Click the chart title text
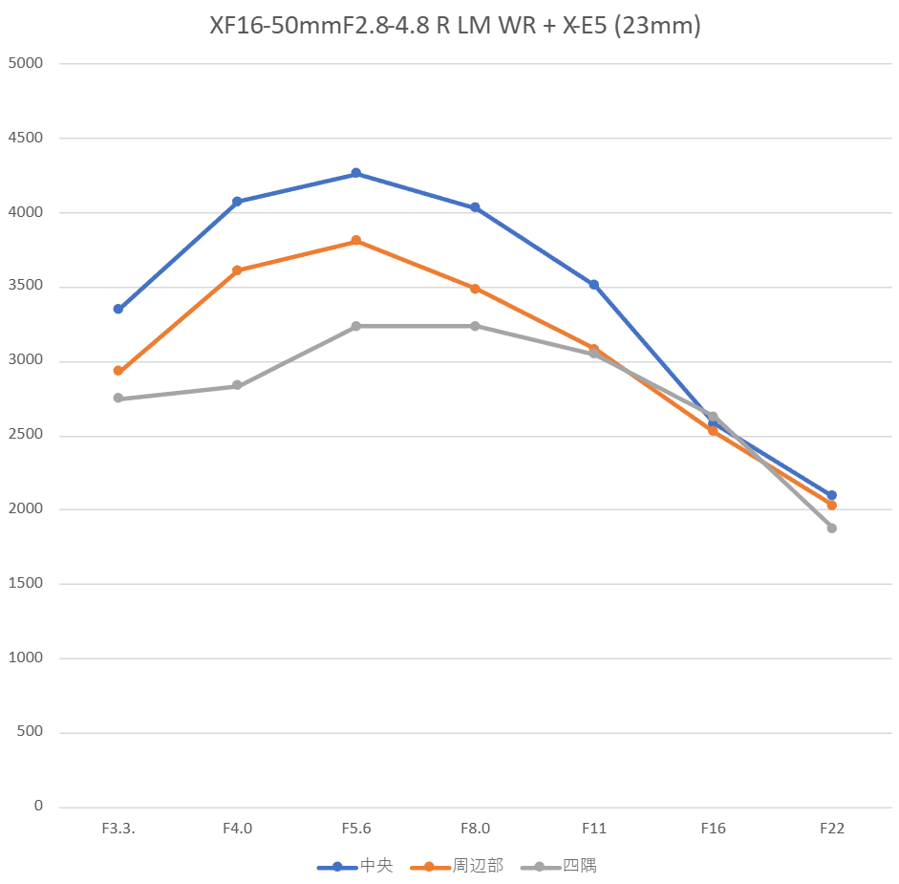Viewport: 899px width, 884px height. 455,26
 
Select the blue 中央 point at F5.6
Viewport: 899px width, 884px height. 356,173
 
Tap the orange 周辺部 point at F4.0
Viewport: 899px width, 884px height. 237,270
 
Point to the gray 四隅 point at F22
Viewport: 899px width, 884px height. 832,528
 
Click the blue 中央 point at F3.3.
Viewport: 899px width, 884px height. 118,309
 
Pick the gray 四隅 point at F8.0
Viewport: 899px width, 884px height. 475,326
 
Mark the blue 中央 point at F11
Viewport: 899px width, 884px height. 594,285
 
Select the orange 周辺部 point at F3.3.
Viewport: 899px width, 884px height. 118,371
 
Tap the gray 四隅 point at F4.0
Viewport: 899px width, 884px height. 237,385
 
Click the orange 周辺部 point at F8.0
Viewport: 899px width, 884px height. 475,289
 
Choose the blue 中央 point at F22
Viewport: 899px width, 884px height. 832,495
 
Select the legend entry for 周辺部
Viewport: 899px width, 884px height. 457,867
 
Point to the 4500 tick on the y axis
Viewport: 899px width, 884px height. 26,138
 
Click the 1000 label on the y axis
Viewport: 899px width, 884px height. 26,658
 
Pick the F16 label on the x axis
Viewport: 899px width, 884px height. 713,829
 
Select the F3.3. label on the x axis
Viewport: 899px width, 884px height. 118,829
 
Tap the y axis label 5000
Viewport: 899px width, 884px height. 26,64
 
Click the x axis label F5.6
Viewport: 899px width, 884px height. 356,829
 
